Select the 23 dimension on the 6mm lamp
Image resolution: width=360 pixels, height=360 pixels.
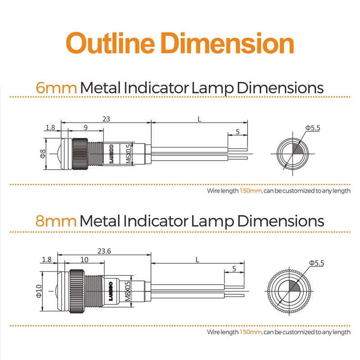tap(106, 119)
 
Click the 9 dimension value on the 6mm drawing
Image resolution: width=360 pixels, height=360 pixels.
tap(85, 128)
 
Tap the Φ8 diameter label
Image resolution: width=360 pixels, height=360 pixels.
tap(42, 154)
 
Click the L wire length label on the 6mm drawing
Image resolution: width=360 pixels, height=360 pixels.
tap(199, 119)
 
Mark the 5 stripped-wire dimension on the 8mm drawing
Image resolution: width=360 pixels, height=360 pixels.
tap(234, 269)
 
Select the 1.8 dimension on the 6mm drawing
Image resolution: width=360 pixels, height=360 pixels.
tap(50, 128)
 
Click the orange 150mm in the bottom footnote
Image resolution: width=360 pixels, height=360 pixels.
tap(251, 332)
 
